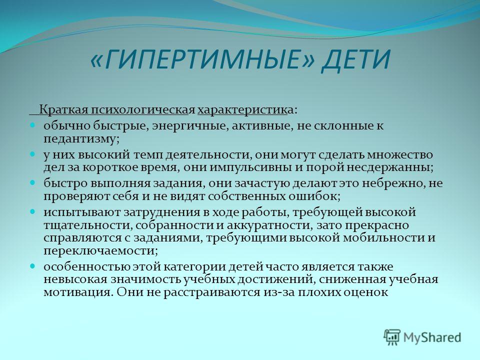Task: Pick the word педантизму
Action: (81, 139)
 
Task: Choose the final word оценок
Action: (366, 292)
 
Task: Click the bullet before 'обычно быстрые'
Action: (33, 125)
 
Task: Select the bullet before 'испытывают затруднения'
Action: (33, 212)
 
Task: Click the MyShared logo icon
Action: (392, 337)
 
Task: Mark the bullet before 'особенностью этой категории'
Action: (33, 266)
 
